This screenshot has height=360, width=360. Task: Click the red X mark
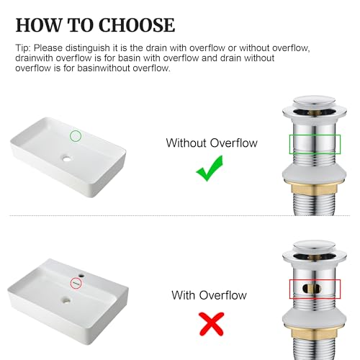pos(212,324)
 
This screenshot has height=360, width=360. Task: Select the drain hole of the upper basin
pos(67,158)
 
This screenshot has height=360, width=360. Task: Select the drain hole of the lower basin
pos(66,300)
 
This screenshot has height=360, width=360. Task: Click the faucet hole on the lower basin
pos(81,276)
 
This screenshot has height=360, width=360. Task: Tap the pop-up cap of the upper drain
pos(314,103)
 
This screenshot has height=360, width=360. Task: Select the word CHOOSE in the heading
pos(137,25)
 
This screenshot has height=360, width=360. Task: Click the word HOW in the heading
pos(39,25)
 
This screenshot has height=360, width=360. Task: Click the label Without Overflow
pos(212,143)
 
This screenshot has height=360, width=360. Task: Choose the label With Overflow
pos(209,295)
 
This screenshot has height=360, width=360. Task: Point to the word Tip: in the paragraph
pos(23,48)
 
